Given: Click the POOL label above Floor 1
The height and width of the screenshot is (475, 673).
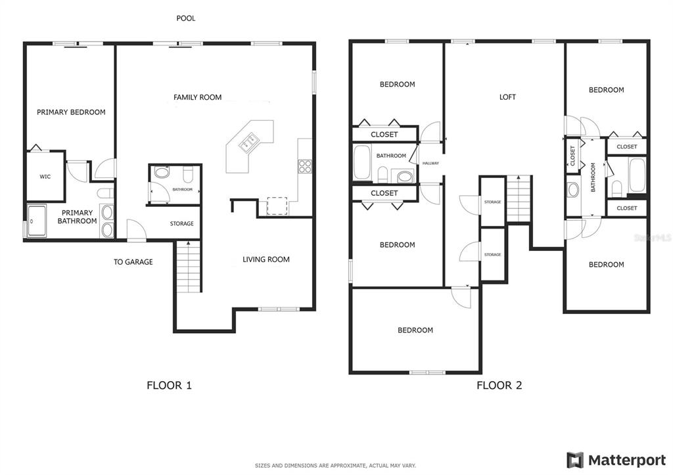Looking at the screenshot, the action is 186,18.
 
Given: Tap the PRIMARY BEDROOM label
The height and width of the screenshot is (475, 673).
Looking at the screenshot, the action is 71,112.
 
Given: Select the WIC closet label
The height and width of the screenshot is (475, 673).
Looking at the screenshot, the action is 45,176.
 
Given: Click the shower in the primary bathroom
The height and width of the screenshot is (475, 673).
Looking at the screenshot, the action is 37,221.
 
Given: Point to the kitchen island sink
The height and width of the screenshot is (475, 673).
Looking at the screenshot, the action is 249,142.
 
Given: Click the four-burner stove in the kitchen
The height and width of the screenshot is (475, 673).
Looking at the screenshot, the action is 305,166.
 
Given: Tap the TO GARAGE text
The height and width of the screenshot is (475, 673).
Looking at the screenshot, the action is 133,261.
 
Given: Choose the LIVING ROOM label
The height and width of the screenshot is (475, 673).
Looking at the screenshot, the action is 266,259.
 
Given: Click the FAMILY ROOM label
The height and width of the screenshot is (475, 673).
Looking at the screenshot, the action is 197,97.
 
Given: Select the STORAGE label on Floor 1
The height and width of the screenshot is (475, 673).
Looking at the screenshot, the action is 181,223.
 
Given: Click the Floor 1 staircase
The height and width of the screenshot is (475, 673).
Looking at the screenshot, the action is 189,267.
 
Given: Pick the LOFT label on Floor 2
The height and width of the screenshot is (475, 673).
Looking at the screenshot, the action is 507,97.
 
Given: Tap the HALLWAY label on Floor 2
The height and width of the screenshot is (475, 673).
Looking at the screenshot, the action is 430,164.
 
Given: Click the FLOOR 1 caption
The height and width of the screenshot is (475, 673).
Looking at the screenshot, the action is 169,385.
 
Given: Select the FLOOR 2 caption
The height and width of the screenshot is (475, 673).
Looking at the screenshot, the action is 499,385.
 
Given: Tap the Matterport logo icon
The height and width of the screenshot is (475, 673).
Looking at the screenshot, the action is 575,461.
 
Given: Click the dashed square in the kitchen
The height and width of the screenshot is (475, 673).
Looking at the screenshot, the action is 277,206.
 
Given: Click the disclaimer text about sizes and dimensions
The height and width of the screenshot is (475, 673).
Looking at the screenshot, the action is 335,466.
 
